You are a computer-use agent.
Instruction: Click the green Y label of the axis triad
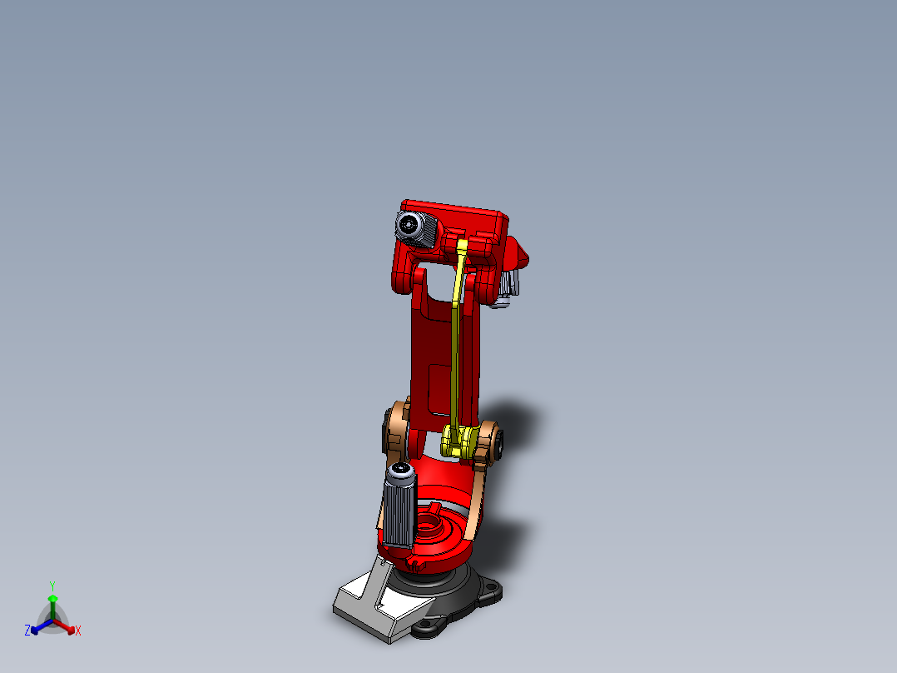[x=52, y=586]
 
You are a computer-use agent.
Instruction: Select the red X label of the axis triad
[x=78, y=631]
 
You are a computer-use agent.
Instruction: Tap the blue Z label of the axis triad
[x=27, y=631]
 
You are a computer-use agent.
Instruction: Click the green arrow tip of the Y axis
[x=52, y=598]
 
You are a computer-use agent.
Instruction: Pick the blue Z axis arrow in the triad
[x=38, y=627]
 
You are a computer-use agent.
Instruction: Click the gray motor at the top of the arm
[x=416, y=227]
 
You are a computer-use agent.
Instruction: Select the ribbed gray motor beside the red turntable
[x=398, y=508]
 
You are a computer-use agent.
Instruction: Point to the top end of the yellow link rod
[x=463, y=248]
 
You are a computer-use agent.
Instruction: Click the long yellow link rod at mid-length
[x=456, y=350]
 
